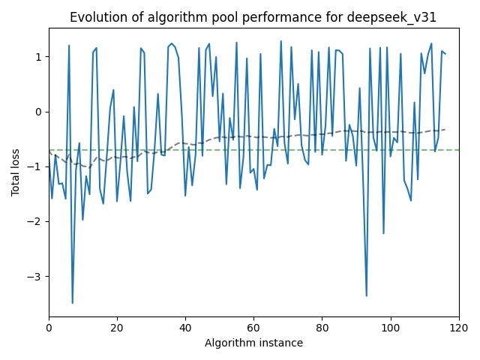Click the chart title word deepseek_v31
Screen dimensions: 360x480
pyautogui.click(x=403, y=17)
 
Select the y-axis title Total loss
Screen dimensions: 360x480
pyautogui.click(x=16, y=172)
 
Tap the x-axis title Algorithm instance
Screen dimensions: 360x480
pyautogui.click(x=254, y=343)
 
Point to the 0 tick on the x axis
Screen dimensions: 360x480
pyautogui.click(x=49, y=327)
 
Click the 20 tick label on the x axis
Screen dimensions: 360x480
pyautogui.click(x=117, y=327)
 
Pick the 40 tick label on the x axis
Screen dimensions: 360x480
pyautogui.click(x=185, y=327)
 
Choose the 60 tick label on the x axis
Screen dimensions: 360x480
pyautogui.click(x=253, y=327)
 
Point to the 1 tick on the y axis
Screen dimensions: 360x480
pyautogui.click(x=39, y=57)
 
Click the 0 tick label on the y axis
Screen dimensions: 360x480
pyautogui.click(x=39, y=112)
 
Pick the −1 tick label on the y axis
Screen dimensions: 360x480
pyautogui.click(x=36, y=166)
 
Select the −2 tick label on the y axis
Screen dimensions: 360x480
pyautogui.click(x=36, y=221)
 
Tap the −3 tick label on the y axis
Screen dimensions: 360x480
pyautogui.click(x=36, y=276)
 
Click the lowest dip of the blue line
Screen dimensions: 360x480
pyautogui.click(x=73, y=303)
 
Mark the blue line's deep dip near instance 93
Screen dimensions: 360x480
pyautogui.click(x=367, y=295)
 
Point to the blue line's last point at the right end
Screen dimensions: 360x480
pyautogui.click(x=445, y=54)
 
